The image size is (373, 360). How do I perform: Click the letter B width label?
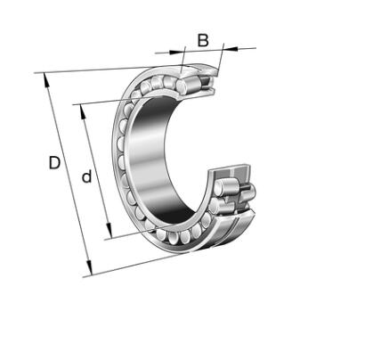pos(203,41)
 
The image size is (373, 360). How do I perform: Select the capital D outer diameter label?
pos(54,163)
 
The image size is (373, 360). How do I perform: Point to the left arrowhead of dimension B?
pos(177,53)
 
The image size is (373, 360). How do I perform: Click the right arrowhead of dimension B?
pos(231,48)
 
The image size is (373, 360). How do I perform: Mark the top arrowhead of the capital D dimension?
pos(45,80)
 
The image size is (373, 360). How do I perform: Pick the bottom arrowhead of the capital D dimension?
pos(89,268)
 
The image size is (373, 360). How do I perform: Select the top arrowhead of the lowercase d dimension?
pos(83,112)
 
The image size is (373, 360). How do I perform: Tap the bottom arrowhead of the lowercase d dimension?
pos(109,231)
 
